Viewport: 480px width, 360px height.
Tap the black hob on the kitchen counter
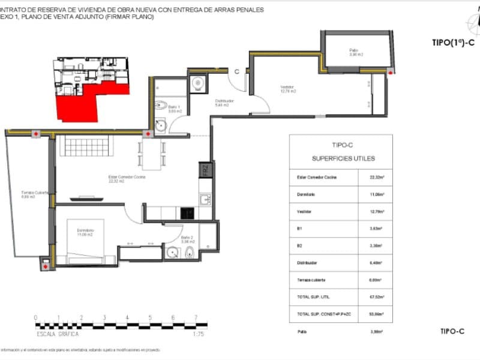tap(187, 212)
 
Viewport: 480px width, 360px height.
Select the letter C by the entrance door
tap(237, 71)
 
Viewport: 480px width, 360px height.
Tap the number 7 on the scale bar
tap(196, 317)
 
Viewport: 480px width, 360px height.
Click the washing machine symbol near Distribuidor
tap(198, 85)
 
